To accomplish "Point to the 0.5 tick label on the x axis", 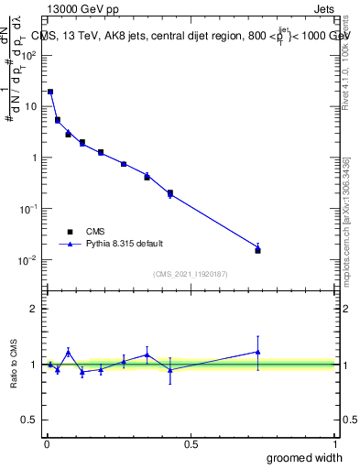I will (x=191, y=444).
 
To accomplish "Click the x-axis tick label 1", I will (x=336, y=444).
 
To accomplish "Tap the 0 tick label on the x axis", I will (x=47, y=444).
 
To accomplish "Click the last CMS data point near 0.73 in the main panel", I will (x=257, y=250).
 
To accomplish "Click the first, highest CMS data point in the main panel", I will (x=50, y=92).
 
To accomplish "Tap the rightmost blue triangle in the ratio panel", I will (x=257, y=352).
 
